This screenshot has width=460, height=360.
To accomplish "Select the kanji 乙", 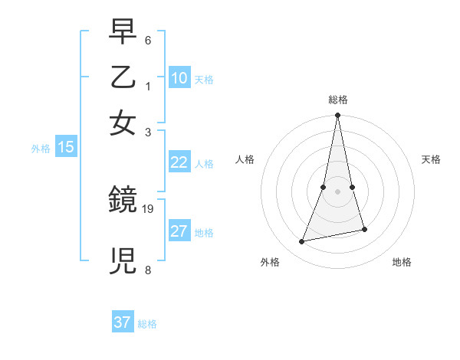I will pyautogui.click(x=123, y=77).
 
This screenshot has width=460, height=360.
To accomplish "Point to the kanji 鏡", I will pyautogui.click(x=123, y=201).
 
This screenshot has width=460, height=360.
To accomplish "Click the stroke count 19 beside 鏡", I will pyautogui.click(x=149, y=208).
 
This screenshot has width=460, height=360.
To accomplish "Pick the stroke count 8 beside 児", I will pyautogui.click(x=148, y=270).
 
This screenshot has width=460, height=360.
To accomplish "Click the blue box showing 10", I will pyautogui.click(x=179, y=78).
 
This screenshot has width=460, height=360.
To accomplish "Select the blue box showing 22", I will pyautogui.click(x=179, y=162).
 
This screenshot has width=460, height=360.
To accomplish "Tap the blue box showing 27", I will pyautogui.click(x=179, y=232).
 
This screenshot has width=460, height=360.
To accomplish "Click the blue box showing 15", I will pyautogui.click(x=66, y=148).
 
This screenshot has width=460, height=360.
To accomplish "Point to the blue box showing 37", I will pyautogui.click(x=123, y=322).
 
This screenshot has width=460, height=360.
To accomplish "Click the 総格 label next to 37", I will pyautogui.click(x=147, y=324).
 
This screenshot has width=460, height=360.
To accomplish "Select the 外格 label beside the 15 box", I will pyautogui.click(x=41, y=149).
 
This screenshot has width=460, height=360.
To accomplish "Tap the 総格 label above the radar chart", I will pyautogui.click(x=337, y=100).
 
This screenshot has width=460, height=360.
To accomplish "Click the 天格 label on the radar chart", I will pyautogui.click(x=431, y=159).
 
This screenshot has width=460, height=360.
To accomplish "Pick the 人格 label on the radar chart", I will pyautogui.click(x=245, y=159).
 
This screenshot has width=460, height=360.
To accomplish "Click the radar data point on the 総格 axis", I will pyautogui.click(x=337, y=116).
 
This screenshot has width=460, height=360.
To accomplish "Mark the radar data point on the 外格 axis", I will pyautogui.click(x=302, y=242).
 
